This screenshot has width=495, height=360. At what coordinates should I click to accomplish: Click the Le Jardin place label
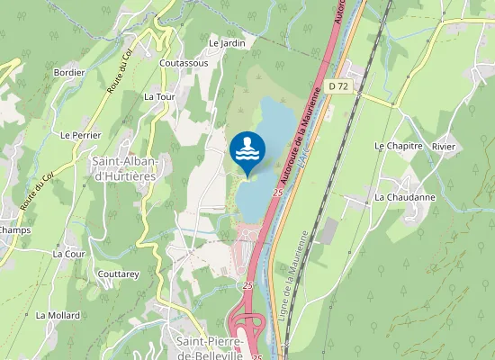pos(227,42)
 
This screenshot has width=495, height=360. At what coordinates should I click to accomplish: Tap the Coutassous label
pos(184,64)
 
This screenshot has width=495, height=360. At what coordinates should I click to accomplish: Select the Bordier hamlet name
pos(69,72)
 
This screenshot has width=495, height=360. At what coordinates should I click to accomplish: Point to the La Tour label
pos(159,96)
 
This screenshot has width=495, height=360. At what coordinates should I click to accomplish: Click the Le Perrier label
pos(80,135)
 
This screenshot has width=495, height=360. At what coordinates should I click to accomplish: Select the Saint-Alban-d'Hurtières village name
pos(124,168)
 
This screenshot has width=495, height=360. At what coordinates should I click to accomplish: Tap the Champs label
pos(14,230)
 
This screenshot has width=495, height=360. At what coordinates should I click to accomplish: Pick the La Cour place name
pos(68,254)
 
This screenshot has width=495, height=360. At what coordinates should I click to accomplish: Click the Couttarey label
pos(118,274)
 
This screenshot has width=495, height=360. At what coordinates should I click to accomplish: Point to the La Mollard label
pos(58,316)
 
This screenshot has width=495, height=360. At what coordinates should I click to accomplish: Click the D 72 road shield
pos(338,85)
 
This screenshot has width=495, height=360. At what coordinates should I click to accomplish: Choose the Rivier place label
pos(444,147)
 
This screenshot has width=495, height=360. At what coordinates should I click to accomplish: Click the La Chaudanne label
pos(405,197)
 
